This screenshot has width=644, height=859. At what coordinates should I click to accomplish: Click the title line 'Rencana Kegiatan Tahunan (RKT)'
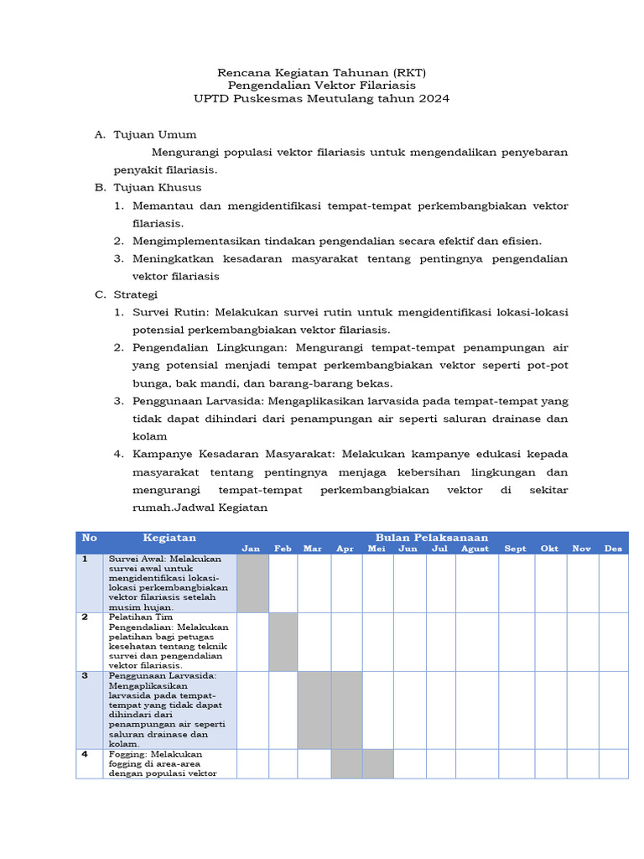[x=322, y=72]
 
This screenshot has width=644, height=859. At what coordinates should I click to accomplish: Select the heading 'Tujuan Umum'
[x=155, y=134]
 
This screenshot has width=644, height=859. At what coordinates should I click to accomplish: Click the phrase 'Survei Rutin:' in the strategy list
[x=169, y=312]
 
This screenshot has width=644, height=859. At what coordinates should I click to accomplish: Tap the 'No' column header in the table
[x=90, y=538]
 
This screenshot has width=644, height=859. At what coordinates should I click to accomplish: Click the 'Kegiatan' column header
[x=169, y=538]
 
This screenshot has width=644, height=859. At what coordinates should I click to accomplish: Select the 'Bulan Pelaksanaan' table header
[x=432, y=537]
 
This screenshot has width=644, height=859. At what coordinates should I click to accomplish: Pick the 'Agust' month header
[x=475, y=549]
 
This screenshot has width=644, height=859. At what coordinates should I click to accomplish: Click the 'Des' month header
[x=614, y=549]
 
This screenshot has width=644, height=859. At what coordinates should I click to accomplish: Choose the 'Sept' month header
[x=516, y=549]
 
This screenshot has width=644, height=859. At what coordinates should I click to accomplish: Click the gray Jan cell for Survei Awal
[x=253, y=583]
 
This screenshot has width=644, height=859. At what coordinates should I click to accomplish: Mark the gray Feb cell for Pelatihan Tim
[x=283, y=642]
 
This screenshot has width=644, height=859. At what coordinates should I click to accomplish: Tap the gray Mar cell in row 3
[x=314, y=710]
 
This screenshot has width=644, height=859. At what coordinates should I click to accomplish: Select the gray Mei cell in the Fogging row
[x=377, y=764]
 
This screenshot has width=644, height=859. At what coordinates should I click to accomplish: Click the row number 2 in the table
[x=86, y=617]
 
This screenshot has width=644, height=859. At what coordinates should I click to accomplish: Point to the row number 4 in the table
[x=86, y=754]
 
